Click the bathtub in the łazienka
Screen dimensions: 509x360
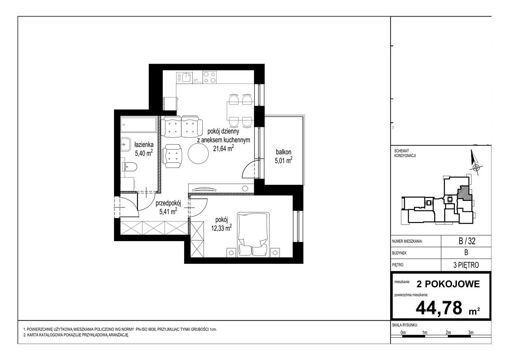pyautogui.click(x=139, y=125)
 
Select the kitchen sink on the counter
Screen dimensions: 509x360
pyautogui.click(x=185, y=77)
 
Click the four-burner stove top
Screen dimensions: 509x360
pyautogui.click(x=210, y=77)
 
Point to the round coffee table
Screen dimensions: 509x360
pyautogui.click(x=198, y=154)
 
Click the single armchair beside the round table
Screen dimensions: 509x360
pyautogui.click(x=173, y=156)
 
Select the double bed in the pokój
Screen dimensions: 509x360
pyautogui.click(x=253, y=235)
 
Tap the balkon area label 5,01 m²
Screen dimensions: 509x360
pyautogui.click(x=284, y=160)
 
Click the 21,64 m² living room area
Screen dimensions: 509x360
pyautogui.click(x=223, y=148)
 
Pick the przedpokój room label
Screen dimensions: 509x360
pyautogui.click(x=168, y=203)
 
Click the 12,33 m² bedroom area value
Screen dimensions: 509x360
pyautogui.click(x=221, y=228)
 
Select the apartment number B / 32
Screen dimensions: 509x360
pyautogui.click(x=467, y=241)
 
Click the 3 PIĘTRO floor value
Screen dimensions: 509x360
pyautogui.click(x=466, y=265)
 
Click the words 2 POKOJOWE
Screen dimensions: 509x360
pyautogui.click(x=448, y=284)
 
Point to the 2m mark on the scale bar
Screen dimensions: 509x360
pyautogui.click(x=448, y=333)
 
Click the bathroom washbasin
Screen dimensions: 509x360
pyautogui.click(x=125, y=144)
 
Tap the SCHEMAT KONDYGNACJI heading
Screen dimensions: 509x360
pyautogui.click(x=405, y=153)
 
